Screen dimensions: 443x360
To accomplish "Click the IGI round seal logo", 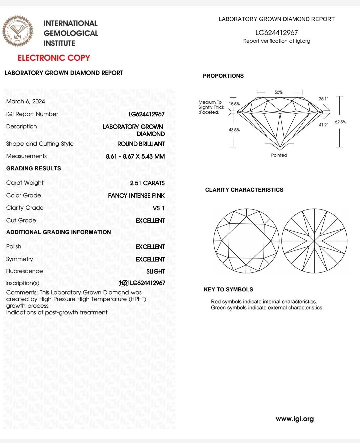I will (x=18, y=31).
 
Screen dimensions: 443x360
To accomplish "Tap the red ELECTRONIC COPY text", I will (x=54, y=58).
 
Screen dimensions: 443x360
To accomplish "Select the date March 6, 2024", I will (x=26, y=101).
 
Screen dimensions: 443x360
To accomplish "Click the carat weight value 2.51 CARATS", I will (x=147, y=183).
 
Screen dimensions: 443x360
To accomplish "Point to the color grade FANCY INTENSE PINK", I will (x=136, y=196).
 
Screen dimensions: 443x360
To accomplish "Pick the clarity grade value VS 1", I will (x=158, y=208).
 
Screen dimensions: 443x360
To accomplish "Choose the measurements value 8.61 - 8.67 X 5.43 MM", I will (x=135, y=156).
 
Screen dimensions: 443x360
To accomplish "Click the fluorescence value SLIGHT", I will (x=155, y=271).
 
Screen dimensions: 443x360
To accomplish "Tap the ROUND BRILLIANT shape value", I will (x=141, y=144).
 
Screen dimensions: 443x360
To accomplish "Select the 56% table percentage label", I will (x=278, y=92).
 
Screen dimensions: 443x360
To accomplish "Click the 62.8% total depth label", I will (x=340, y=122).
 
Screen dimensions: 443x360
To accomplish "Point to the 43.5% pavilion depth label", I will (x=234, y=130).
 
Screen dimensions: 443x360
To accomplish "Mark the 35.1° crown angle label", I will (x=323, y=99).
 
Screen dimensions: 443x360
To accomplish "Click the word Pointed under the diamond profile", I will (x=279, y=155).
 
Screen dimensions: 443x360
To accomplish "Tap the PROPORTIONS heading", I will (x=223, y=76).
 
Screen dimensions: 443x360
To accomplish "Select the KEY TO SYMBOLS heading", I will (x=228, y=289).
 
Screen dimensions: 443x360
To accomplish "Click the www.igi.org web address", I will (x=295, y=419).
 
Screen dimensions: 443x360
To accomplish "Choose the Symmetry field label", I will (x=20, y=259).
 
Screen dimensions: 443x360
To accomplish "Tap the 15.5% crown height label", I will (x=234, y=104).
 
